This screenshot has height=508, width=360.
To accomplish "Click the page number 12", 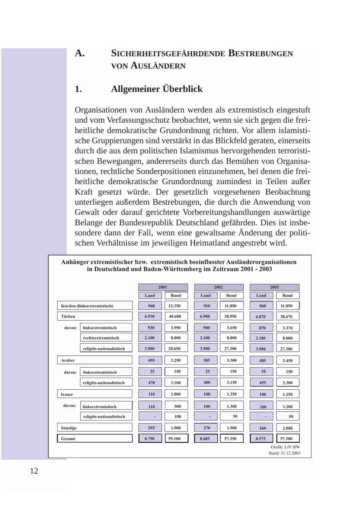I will coord(34,471).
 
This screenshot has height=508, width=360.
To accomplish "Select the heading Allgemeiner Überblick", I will coord(156,89).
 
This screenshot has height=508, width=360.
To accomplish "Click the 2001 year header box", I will coord(163,287).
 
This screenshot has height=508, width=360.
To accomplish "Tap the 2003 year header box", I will coord(274,287).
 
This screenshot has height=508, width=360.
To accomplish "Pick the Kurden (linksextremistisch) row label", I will coord(94,306).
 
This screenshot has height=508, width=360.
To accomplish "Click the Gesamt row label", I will coord(94,438).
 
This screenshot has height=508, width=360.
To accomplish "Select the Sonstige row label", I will coord(94,428).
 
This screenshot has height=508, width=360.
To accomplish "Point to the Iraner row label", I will coord(94,394).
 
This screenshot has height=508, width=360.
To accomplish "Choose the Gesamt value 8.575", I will coord(261,438).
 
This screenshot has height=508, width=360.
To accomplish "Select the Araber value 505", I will coord(206,360).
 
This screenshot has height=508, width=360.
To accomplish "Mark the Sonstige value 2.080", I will coord(287,428).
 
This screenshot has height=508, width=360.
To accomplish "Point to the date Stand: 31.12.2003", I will coord(284,453).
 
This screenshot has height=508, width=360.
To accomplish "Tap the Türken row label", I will coord(94,316).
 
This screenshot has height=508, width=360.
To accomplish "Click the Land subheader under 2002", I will coord(206,295).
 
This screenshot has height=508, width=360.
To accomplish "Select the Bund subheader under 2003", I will coord(287,295).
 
